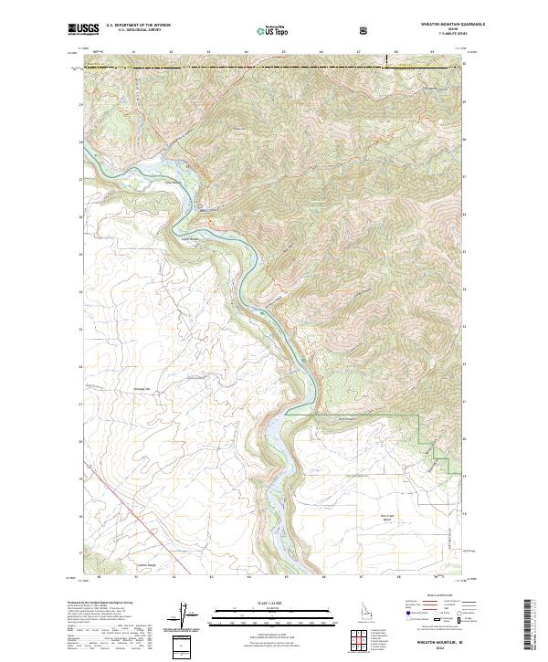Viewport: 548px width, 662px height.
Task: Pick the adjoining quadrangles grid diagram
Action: pyautogui.click(x=358, y=640)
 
